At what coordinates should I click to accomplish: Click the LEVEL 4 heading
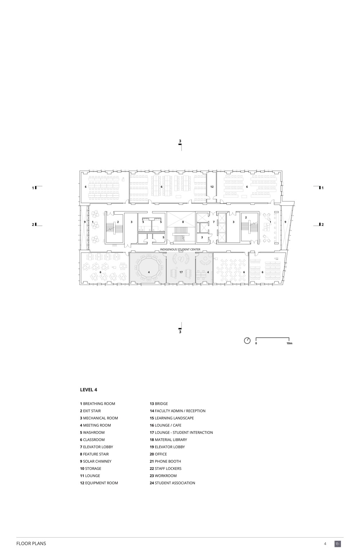[89, 390]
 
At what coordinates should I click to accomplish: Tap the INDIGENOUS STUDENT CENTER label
[180, 249]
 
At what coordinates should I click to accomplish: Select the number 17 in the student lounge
[181, 272]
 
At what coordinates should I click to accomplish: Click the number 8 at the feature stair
[183, 222]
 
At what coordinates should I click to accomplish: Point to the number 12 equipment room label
[212, 187]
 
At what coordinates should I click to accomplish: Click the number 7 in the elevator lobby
[214, 222]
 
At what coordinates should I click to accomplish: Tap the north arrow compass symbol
[247, 340]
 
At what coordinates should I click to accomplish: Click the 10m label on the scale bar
[289, 343]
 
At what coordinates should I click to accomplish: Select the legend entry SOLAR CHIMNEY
[96, 461]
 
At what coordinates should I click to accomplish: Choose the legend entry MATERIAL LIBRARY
[168, 440]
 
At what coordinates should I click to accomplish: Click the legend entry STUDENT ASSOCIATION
[172, 483]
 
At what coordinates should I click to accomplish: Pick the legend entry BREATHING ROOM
[98, 404]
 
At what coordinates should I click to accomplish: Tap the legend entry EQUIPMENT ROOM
[99, 483]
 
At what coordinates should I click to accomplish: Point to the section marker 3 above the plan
[180, 141]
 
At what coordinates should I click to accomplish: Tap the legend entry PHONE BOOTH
[165, 461]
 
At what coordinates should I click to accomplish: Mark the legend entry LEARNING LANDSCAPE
[172, 418]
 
